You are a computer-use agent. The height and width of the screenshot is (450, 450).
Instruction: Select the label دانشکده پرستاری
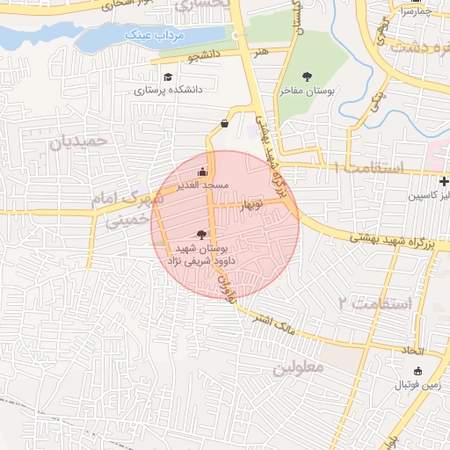pyautogui.click(x=168, y=89)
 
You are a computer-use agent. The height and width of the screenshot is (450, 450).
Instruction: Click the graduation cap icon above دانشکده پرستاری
pyautogui.click(x=168, y=76)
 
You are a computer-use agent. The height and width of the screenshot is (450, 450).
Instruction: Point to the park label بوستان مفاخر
pyautogui.click(x=307, y=89)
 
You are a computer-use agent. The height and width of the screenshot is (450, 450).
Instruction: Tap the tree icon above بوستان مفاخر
pyautogui.click(x=307, y=76)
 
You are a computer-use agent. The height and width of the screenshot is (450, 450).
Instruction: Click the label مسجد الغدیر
pyautogui.click(x=204, y=185)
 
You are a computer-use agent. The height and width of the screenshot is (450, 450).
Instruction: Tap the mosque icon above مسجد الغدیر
pyautogui.click(x=203, y=171)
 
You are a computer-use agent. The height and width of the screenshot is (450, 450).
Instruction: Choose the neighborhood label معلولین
pyautogui.click(x=299, y=366)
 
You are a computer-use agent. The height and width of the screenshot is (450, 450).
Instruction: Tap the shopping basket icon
pyautogui.click(x=224, y=123)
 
